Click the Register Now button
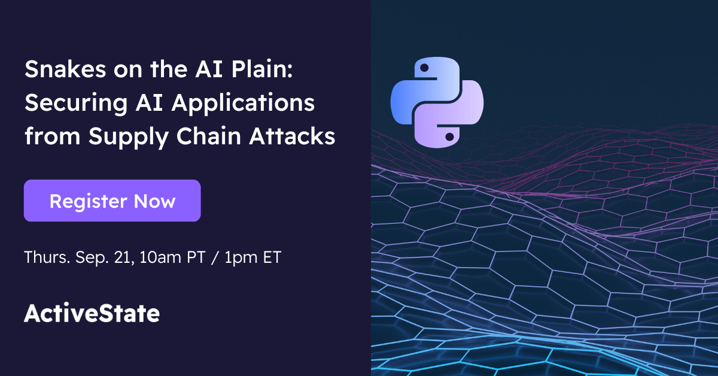point(112,201)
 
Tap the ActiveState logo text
point(92,314)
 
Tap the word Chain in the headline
point(224,136)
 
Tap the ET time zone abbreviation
point(270,257)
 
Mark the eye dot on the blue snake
point(424,69)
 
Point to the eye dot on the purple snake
point(451,137)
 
